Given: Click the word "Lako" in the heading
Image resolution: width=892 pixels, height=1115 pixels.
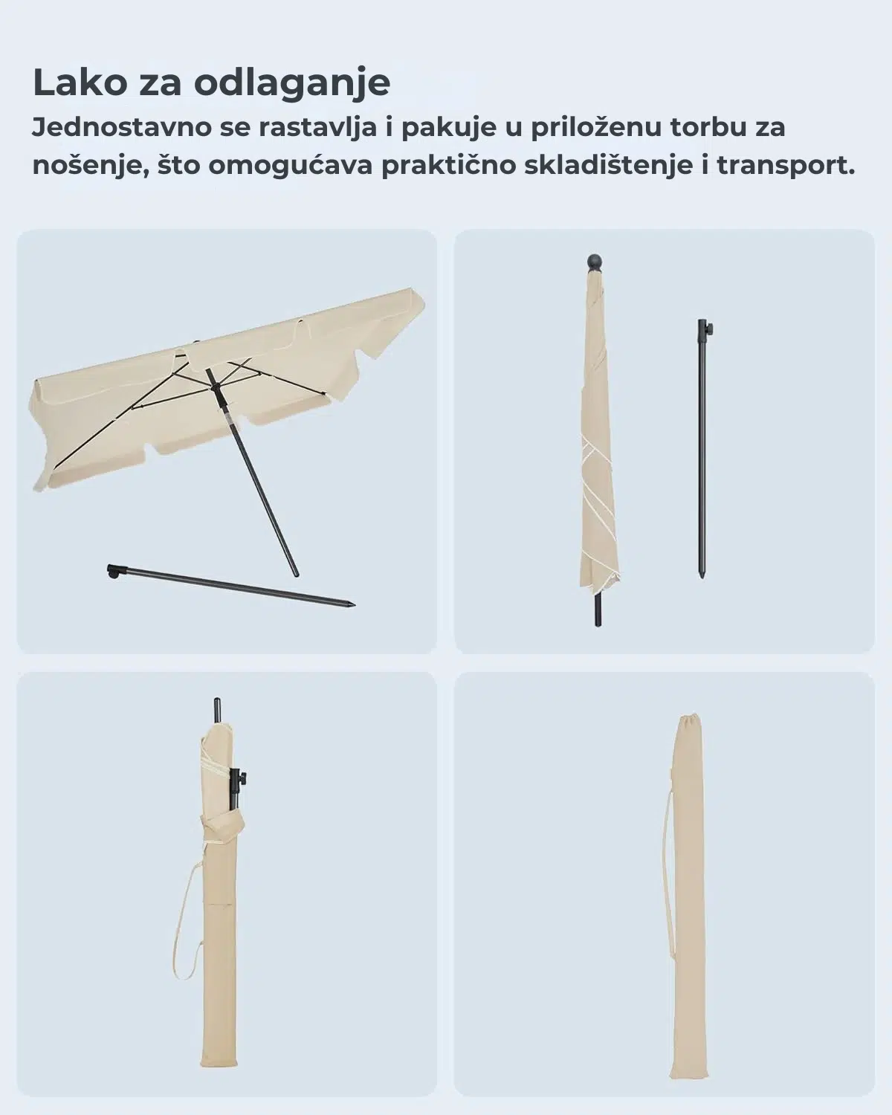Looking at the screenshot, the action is click(x=80, y=83).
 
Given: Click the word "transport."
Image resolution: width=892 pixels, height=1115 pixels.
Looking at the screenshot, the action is click(x=786, y=167).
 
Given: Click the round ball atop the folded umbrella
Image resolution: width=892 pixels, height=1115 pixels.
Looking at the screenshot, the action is click(x=595, y=262).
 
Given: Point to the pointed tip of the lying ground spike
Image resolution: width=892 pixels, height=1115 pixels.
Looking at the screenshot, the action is click(x=352, y=604).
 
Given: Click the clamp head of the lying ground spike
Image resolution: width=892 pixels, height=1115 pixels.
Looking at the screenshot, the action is click(x=113, y=572).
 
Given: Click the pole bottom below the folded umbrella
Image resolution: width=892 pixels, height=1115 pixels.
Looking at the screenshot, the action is click(x=598, y=611).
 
